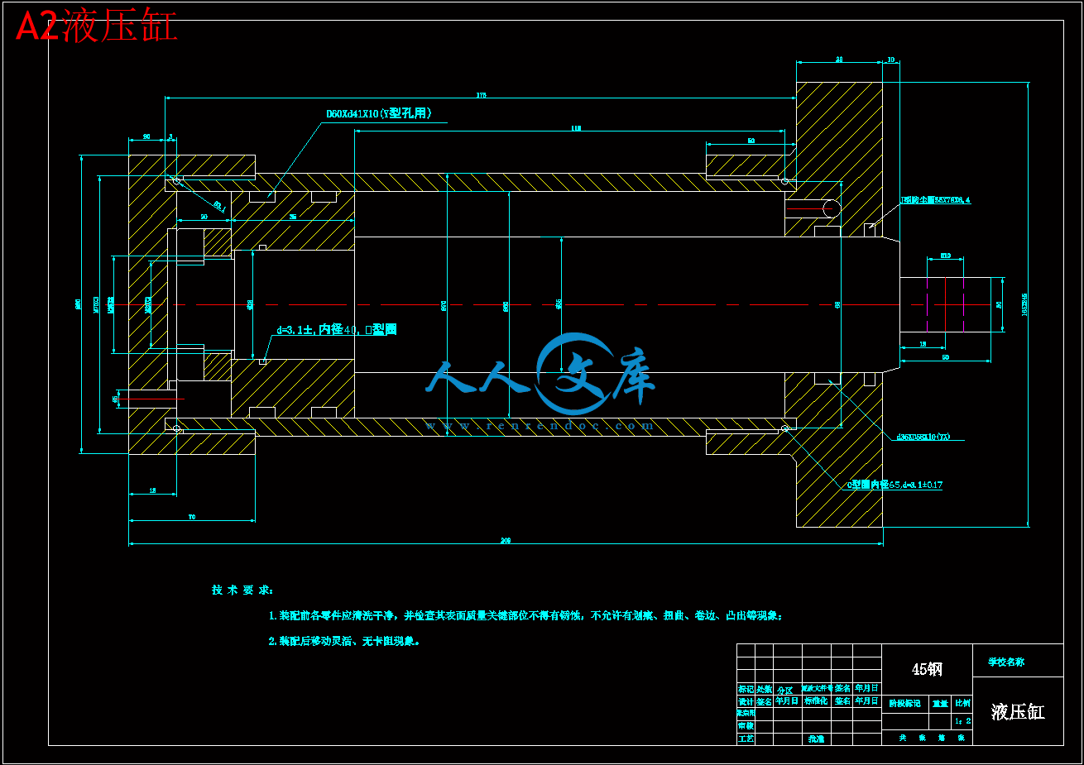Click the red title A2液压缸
pyautogui.click(x=97, y=27)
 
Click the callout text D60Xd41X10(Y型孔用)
pyautogui.click(x=378, y=114)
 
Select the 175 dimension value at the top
pyautogui.click(x=482, y=95)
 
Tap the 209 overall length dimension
pyautogui.click(x=506, y=541)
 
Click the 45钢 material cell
pyautogui.click(x=927, y=669)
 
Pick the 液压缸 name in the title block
pyautogui.click(x=1018, y=712)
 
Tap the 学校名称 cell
pyautogui.click(x=1006, y=662)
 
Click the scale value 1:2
pyautogui.click(x=962, y=720)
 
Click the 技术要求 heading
pyautogui.click(x=242, y=590)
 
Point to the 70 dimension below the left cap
pyautogui.click(x=192, y=517)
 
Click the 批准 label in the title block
pyautogui.click(x=816, y=739)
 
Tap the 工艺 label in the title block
pyautogui.click(x=746, y=739)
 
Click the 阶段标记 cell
pyautogui.click(x=904, y=704)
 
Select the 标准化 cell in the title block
pyautogui.click(x=816, y=700)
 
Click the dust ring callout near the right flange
pyautogui.click(x=935, y=200)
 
